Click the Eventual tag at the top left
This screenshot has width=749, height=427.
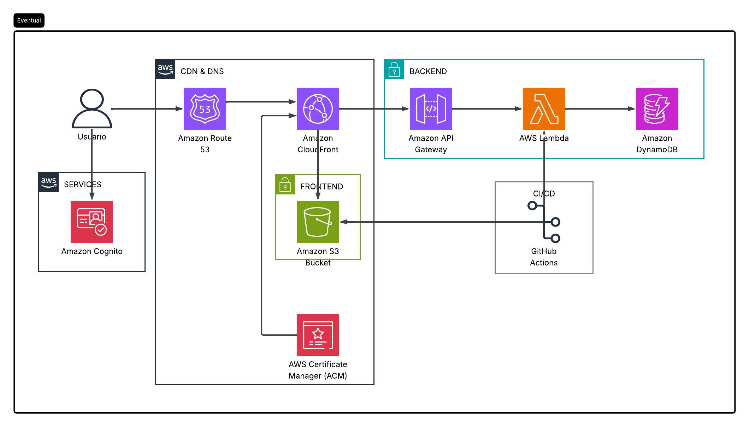(x=29, y=21)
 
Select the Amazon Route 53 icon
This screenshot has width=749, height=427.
(x=205, y=109)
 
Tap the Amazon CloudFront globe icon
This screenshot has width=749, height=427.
(x=318, y=109)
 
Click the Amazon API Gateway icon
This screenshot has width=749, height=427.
(x=431, y=109)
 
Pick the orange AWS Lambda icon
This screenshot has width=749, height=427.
(x=544, y=109)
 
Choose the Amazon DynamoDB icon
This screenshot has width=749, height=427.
(x=657, y=109)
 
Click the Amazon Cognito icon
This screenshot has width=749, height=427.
(x=92, y=222)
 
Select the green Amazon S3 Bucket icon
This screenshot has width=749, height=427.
(x=318, y=222)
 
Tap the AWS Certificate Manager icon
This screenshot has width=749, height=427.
(x=318, y=335)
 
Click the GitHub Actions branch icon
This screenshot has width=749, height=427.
(x=544, y=222)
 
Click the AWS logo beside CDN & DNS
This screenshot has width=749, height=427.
(x=165, y=69)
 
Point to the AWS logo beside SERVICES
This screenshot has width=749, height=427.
(x=49, y=182)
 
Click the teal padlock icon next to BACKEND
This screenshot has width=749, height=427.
(x=394, y=70)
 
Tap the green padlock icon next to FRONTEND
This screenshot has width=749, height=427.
(x=285, y=185)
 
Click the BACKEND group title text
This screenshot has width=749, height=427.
(x=428, y=71)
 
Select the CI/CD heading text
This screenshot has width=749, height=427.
(x=544, y=194)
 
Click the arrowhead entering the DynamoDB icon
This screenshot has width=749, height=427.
(x=631, y=109)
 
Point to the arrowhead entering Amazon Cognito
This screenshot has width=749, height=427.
(x=92, y=196)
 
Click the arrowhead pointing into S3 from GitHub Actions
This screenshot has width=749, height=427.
(x=344, y=222)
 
